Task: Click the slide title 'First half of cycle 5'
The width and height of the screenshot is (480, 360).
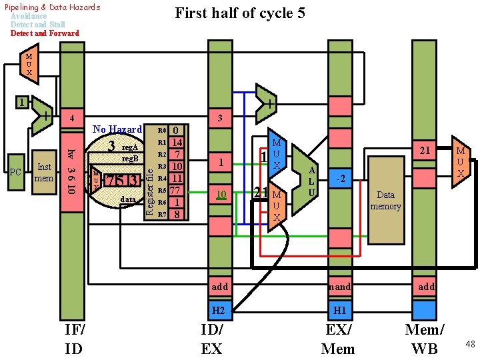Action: point(239,13)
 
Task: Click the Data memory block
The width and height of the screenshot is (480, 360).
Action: point(385,201)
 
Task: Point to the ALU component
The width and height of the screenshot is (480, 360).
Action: point(309,179)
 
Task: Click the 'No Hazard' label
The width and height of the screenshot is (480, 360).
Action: point(117,129)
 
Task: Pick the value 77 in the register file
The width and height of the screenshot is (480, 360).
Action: point(177,190)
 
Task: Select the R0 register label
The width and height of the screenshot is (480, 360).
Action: point(161,131)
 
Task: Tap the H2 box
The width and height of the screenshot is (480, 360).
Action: point(219,310)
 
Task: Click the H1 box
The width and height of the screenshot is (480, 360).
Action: point(339,310)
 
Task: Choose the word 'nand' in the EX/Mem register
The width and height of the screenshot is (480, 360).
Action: point(339,287)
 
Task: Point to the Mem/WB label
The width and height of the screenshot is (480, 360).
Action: point(425,339)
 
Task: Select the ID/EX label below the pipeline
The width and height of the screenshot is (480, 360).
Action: point(212,339)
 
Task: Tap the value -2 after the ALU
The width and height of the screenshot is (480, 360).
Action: point(339,178)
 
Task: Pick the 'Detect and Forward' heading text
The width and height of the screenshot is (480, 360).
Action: point(45,33)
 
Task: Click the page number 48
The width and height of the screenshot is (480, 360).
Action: point(470,344)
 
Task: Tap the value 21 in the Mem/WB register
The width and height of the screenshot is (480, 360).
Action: point(424,151)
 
